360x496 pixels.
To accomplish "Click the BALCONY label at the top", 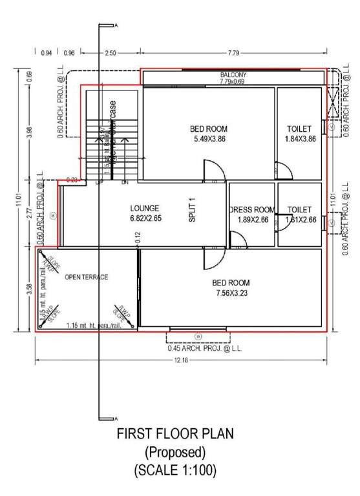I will click(233, 75).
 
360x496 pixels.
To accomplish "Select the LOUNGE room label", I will click(144, 209).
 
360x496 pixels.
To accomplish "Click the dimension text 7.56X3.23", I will click(231, 293).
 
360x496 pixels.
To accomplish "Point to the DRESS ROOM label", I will click(252, 210).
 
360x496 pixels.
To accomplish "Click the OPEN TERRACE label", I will click(86, 277).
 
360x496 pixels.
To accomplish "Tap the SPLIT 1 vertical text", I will click(192, 210).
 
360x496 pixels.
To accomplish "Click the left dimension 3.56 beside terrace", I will click(29, 288).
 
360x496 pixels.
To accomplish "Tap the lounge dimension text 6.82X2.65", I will click(144, 219).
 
